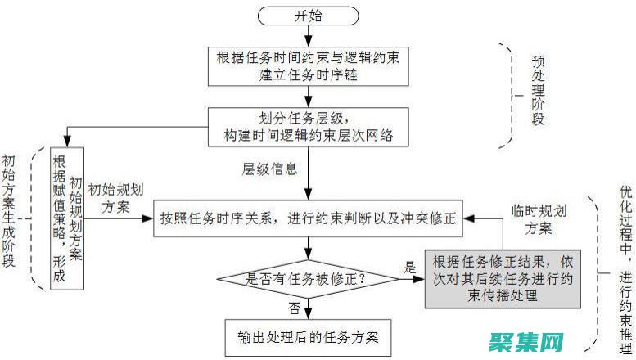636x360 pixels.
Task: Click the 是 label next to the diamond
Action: [409, 267]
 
